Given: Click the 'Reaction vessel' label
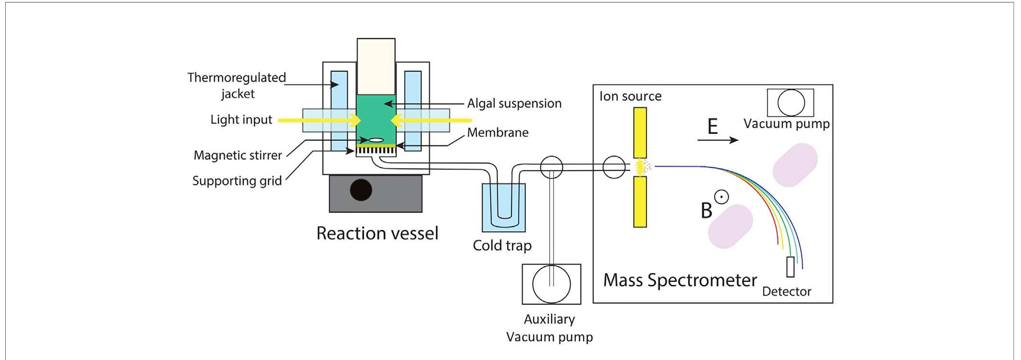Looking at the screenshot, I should point(377,233).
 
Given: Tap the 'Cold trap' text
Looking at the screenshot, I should point(502,245).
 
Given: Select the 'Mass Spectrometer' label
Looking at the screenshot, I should point(680,280).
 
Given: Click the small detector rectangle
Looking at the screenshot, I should point(790,267).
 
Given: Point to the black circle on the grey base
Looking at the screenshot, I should point(361,190).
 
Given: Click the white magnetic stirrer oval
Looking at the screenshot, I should point(377,140).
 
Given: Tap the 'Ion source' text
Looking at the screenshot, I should point(630,96).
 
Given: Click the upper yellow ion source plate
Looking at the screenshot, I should point(640,132).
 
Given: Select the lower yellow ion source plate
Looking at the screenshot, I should point(640,202).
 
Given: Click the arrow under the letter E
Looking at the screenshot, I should point(718,140).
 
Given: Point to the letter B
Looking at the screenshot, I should point(706,211).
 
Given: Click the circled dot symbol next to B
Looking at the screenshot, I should point(722,197).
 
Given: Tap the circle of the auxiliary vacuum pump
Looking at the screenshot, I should point(551,284).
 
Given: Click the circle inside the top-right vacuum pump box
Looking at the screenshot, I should point(791,103).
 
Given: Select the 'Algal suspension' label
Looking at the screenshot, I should point(514,103).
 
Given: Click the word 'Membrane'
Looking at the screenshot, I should point(498,132).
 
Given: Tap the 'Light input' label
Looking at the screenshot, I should point(241,120).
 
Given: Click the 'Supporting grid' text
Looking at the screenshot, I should point(237,181).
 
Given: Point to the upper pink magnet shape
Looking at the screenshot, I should point(795,165).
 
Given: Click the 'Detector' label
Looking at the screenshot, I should point(786,291).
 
